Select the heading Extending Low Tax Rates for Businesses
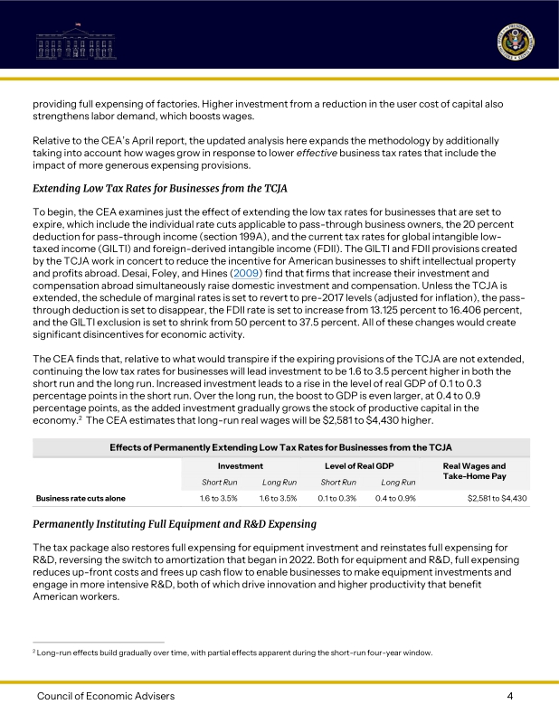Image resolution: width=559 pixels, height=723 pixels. click(x=159, y=189)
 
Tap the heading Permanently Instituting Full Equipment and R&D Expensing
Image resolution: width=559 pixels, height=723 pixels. click(x=175, y=524)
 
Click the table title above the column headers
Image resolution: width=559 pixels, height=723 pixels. click(x=280, y=447)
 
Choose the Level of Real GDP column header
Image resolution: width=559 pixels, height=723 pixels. click(x=359, y=465)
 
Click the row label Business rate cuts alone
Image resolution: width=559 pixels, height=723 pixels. click(x=81, y=498)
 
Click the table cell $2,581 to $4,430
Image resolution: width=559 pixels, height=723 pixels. click(x=497, y=498)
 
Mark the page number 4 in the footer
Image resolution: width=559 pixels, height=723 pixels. click(x=510, y=696)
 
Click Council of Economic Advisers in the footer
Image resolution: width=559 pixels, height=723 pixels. click(x=106, y=696)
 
